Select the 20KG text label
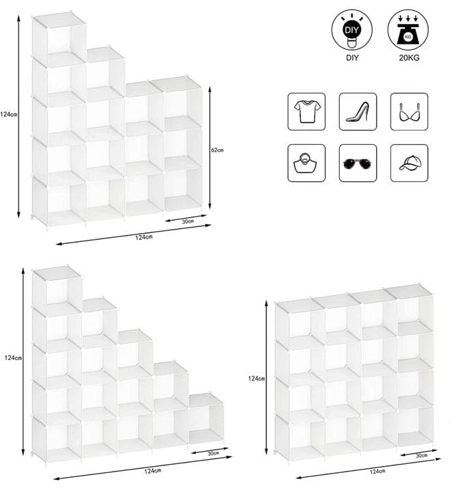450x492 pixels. pos(409,57)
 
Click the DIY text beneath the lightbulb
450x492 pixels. pos(352,57)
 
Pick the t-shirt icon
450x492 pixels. pos(307,111)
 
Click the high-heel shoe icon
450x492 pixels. pos(358,111)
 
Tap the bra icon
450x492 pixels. pos(409,111)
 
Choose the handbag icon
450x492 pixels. pos(307,163)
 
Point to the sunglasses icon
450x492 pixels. pos(358,163)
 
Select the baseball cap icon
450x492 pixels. pos(409,163)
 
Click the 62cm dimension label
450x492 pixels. pos(217,150)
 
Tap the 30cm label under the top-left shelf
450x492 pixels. pos(188,221)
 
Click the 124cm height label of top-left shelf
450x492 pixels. pos(8,115)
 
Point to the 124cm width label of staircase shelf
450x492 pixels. pos(153,471)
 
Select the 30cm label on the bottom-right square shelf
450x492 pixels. pos(421,455)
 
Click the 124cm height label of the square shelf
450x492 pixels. pos(256,379)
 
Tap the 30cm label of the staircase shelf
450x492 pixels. pos(213,453)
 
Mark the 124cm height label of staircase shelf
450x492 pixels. pos(13,357)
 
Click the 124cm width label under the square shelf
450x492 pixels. pos(378,471)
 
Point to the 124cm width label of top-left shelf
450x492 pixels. pos(144,237)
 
